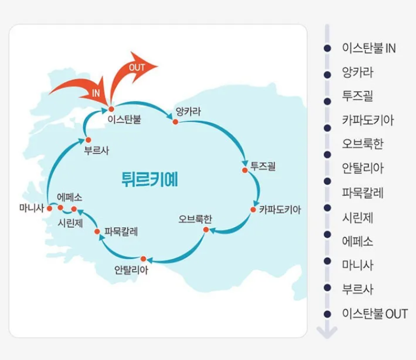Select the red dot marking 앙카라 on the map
(175, 121)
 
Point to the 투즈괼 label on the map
(263, 166)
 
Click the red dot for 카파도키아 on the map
(253, 209)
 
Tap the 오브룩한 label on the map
(196, 218)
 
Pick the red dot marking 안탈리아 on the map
(143, 258)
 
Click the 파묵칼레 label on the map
(121, 231)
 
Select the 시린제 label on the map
(71, 223)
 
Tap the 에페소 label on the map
(69, 197)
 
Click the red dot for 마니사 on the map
(49, 208)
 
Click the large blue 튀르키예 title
(153, 178)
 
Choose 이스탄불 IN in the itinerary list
(369, 48)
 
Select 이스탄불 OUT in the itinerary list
(375, 313)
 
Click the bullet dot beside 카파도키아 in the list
(327, 121)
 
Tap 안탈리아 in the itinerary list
(363, 168)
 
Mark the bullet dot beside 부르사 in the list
(327, 289)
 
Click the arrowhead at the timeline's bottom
(327, 332)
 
